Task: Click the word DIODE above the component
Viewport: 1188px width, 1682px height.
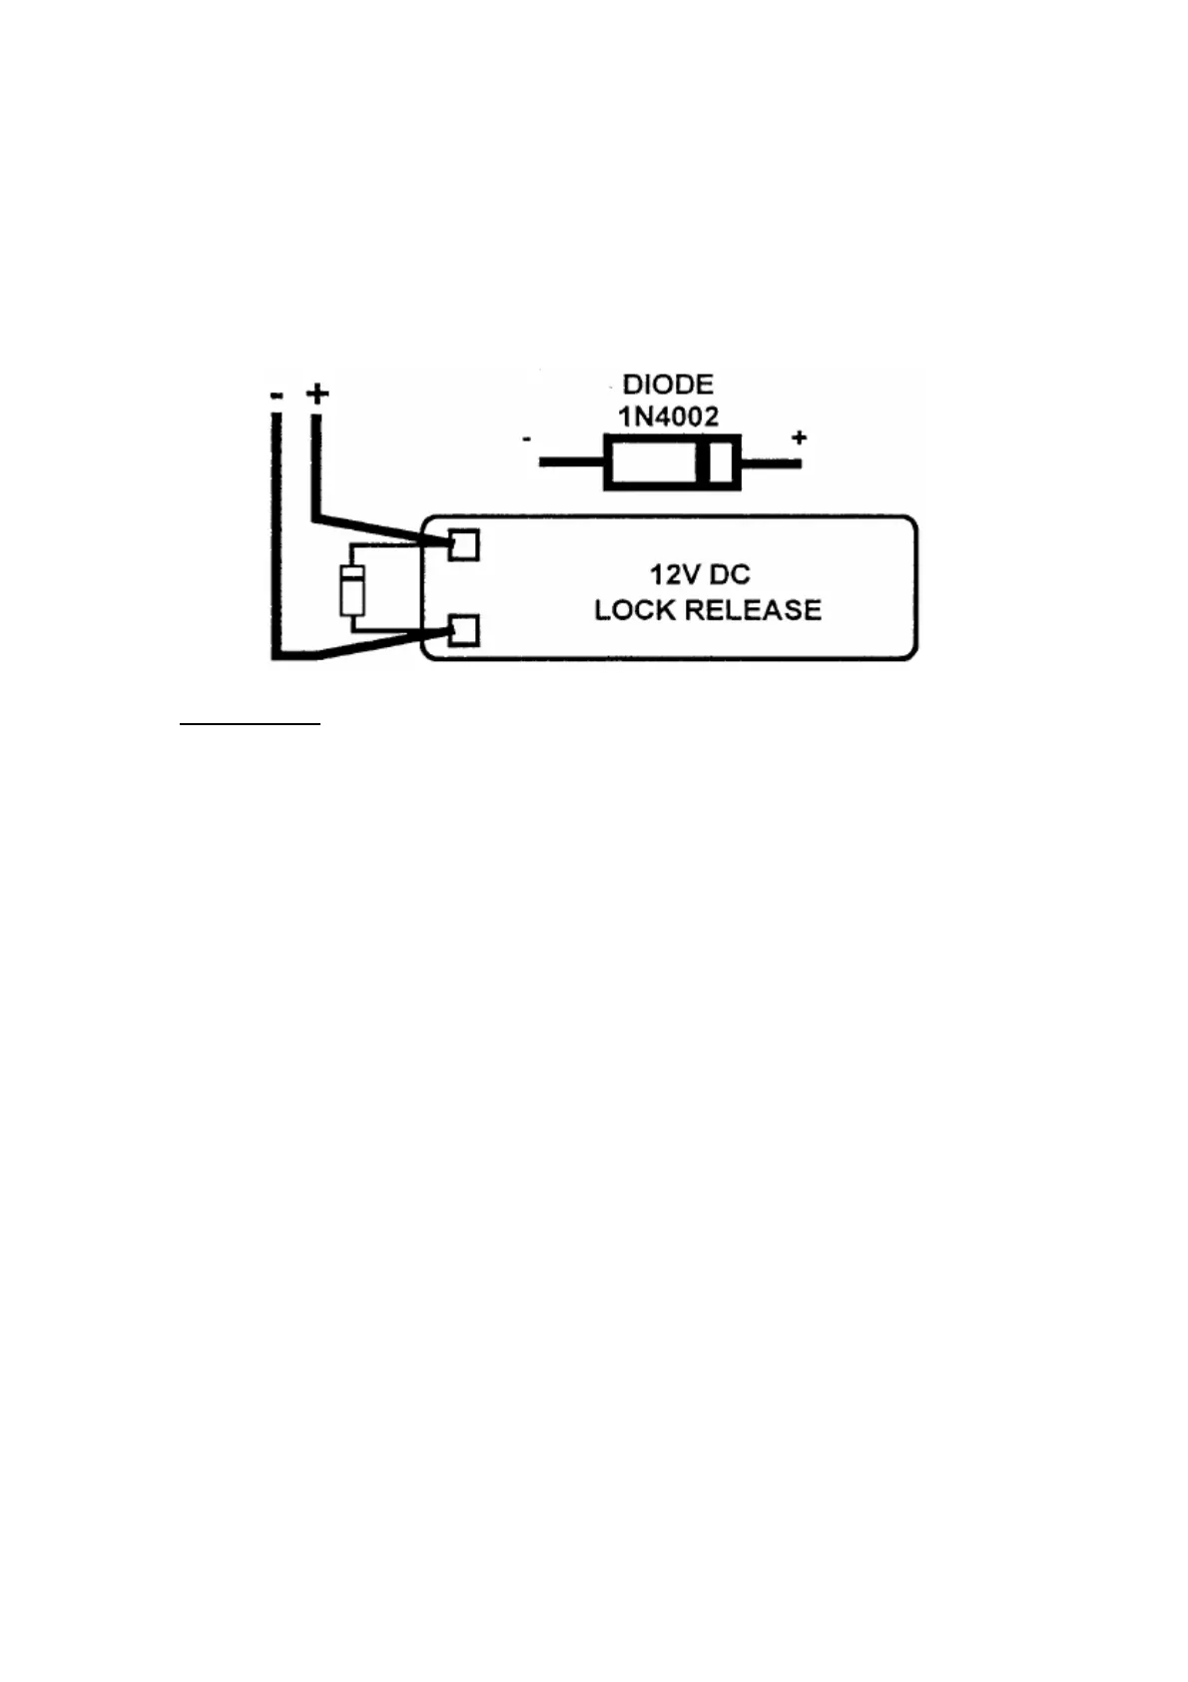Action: point(668,385)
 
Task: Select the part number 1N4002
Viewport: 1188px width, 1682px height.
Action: point(668,417)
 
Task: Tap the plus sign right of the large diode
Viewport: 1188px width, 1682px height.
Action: point(799,437)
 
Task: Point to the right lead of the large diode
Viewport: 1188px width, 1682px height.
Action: point(771,462)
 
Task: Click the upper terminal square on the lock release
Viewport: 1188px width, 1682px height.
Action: point(463,545)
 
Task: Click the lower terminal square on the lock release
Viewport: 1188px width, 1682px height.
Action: point(463,631)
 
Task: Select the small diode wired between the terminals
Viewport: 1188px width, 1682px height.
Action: point(351,589)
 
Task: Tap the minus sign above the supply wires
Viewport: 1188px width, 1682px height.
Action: point(276,396)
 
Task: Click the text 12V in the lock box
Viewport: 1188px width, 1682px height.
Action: point(671,575)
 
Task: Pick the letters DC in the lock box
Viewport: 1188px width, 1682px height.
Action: point(730,575)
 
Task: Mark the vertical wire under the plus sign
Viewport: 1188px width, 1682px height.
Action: point(316,464)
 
